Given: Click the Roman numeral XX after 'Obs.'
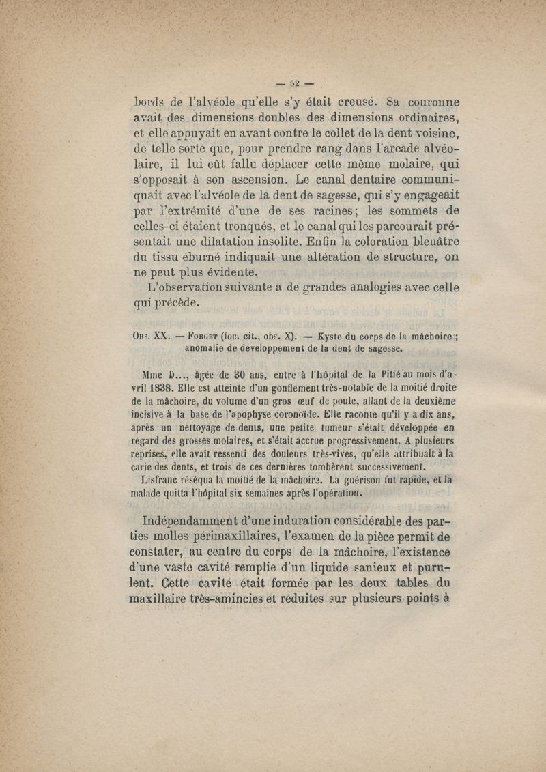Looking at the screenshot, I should click(x=161, y=336).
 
